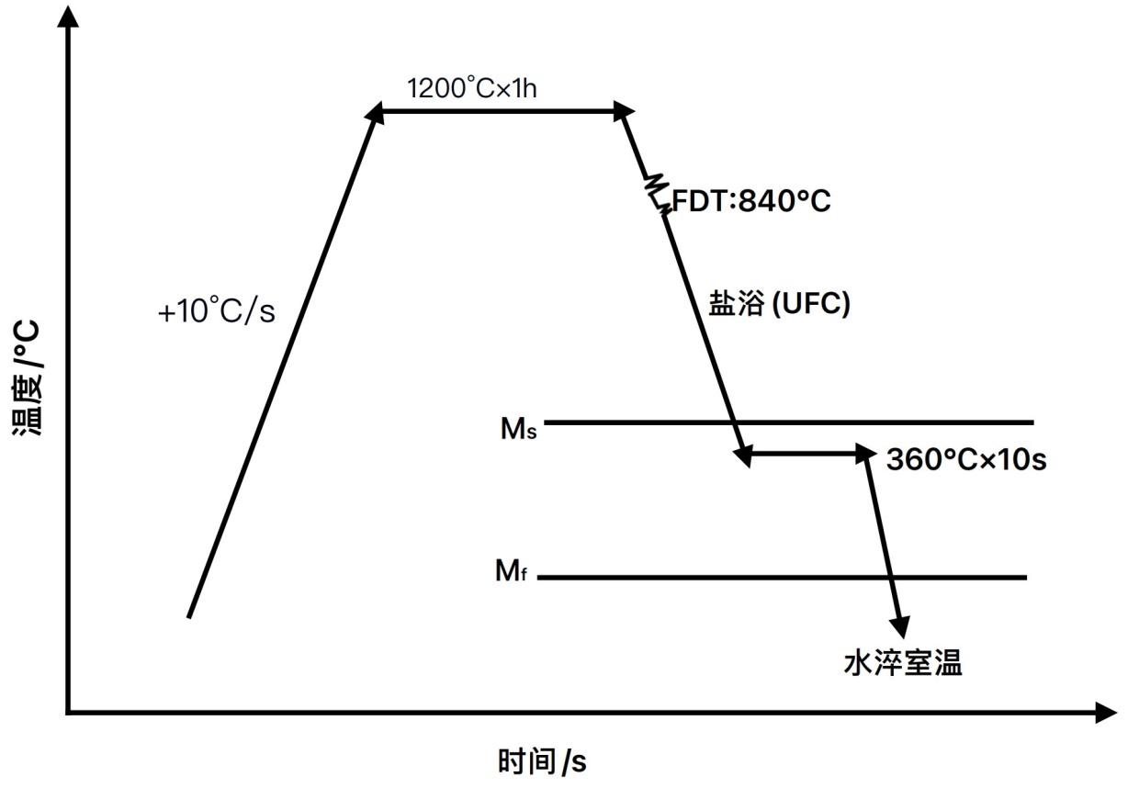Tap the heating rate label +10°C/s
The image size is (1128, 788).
coord(217,312)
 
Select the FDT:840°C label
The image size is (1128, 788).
coord(751,200)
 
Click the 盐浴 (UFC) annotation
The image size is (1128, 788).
coord(779,305)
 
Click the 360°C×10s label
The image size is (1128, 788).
coord(966,459)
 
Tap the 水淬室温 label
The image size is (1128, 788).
coord(903,662)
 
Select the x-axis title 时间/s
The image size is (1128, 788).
coord(542,761)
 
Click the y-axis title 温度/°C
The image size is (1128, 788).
coord(28,377)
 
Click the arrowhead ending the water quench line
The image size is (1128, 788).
coord(902,627)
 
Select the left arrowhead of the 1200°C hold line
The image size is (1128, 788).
coord(377,112)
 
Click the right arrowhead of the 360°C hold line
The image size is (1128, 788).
coord(865,453)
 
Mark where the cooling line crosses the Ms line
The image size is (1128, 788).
coord(735,422)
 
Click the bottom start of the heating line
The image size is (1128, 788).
coord(188,616)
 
